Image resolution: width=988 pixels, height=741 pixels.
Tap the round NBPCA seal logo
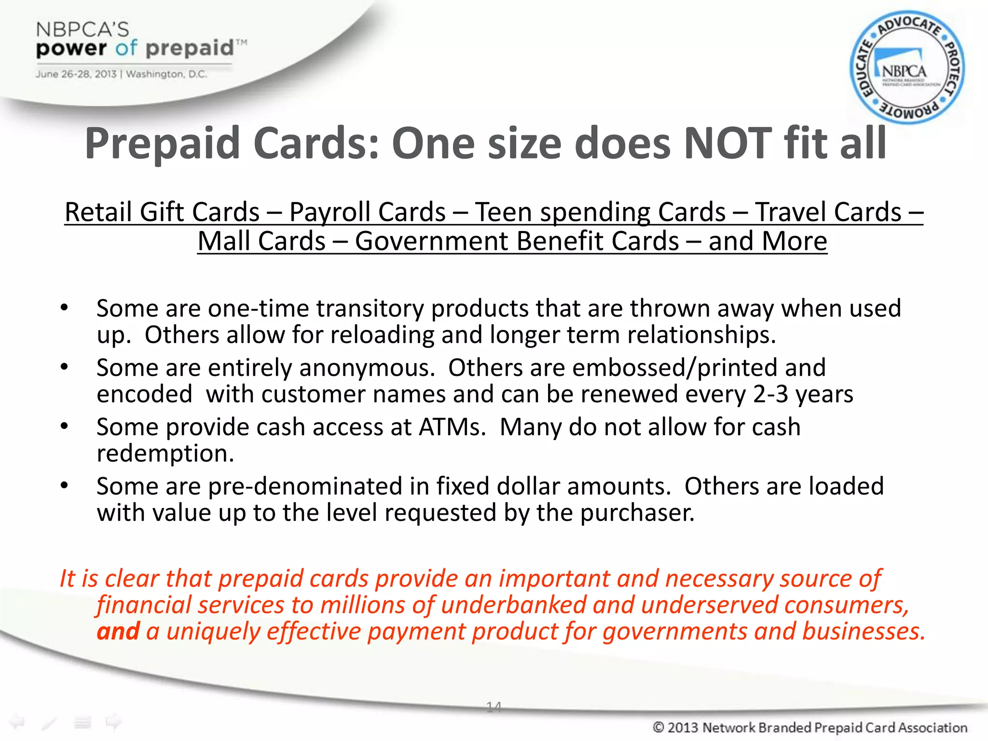click(x=906, y=68)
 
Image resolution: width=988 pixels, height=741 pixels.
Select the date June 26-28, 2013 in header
click(x=76, y=74)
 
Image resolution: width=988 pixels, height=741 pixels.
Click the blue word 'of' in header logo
click(x=126, y=48)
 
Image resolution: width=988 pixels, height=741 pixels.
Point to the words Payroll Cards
click(x=367, y=212)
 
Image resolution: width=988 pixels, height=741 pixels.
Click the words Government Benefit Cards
click(x=517, y=241)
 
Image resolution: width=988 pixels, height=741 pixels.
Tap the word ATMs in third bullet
click(x=452, y=427)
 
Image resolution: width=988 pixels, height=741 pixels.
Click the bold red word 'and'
click(x=118, y=631)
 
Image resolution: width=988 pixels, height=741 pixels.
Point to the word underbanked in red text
click(x=513, y=605)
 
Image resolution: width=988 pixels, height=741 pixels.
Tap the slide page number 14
click(x=494, y=707)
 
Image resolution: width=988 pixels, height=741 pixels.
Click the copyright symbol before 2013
click(x=659, y=727)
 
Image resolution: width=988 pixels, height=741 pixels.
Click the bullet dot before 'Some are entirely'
click(x=64, y=367)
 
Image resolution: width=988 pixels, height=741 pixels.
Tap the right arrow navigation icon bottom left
click(x=114, y=722)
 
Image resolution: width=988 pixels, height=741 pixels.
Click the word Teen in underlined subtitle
click(x=504, y=212)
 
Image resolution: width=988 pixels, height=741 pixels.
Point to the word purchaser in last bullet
click(x=637, y=513)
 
